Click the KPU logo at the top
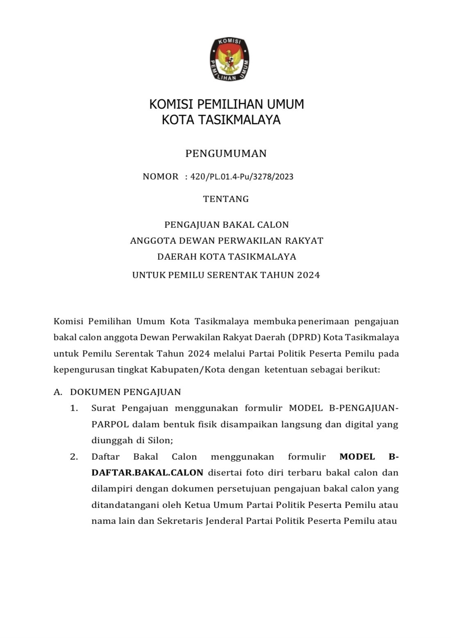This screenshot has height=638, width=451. coord(229,59)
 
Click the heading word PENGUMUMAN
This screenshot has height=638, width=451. coord(226,154)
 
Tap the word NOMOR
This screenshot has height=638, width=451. coord(161,177)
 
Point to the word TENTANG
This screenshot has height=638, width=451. coord(226,199)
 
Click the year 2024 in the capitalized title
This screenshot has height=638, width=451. coord(308,275)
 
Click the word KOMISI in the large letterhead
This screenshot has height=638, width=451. coord(171,104)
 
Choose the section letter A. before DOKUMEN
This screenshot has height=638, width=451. coord(58,392)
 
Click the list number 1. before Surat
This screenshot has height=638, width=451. coord(74,408)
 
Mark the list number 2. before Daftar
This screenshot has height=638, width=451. coord(74,457)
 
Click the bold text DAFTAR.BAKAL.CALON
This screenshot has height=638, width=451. coord(147,473)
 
